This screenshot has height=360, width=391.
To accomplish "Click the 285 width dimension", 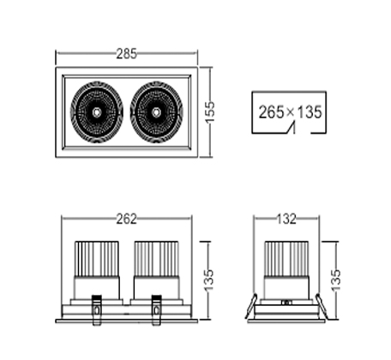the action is point(127,54).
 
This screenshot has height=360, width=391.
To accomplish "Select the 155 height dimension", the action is point(210,112).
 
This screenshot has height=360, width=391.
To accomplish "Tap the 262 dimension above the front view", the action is point(127,219).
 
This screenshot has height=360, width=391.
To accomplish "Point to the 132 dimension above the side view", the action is point(286,219).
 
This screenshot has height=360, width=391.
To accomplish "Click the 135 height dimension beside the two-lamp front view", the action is point(209,280).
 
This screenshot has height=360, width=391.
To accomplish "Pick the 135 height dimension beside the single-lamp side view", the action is point(336,280).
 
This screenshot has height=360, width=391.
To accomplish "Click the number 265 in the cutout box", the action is point(271,112).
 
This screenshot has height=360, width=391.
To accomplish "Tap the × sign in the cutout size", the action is point(290,111).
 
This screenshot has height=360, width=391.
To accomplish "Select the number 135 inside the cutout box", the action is point(310,112).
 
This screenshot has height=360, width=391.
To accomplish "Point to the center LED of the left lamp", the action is point(97,112).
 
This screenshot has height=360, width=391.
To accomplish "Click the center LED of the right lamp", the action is point(156,112).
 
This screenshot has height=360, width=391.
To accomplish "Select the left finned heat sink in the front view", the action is point(97,259).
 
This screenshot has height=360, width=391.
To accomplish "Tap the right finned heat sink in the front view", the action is point(156,259).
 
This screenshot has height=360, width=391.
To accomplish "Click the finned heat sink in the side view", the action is point(286,259).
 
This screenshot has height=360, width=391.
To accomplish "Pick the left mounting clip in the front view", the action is point(96,310).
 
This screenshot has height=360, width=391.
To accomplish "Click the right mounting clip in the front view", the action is point(156,310).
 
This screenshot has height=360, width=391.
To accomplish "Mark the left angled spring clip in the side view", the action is point(251,306).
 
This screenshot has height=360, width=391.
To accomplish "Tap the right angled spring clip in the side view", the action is point(322,306).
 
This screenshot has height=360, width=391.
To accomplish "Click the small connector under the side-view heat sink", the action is point(286,302).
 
